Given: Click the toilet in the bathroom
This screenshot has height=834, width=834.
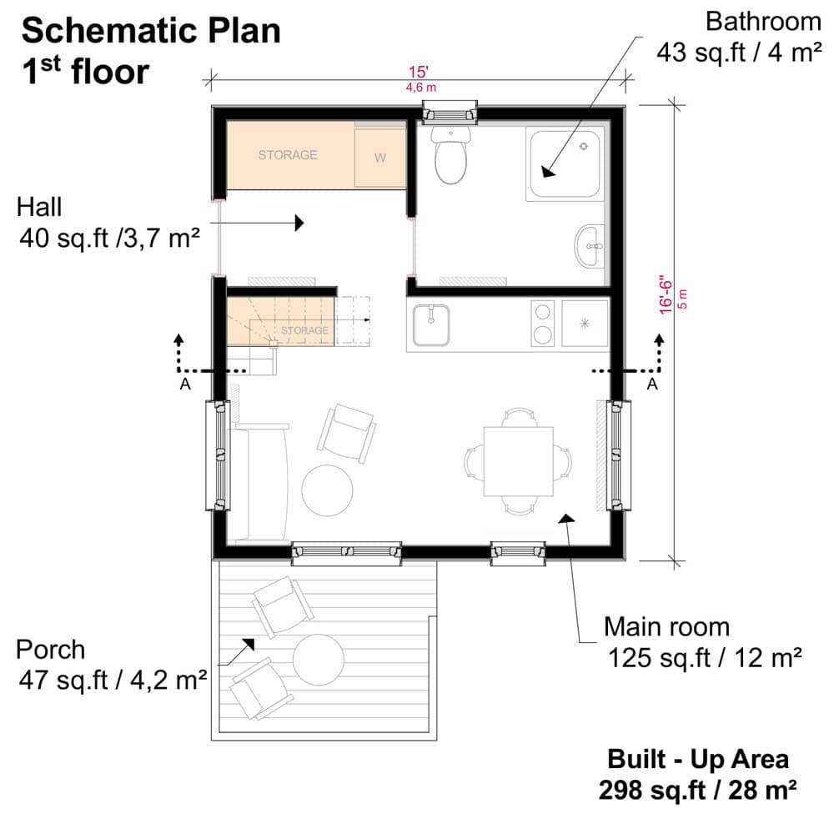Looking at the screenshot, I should pos(451,157).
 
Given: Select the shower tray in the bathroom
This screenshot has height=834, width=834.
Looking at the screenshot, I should pos(564,164).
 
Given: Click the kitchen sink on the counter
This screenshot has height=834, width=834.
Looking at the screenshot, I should pos(430,324).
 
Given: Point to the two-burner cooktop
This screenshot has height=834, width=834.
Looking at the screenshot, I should pos(543,324).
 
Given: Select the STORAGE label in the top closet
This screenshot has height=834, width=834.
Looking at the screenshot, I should pos(288,154).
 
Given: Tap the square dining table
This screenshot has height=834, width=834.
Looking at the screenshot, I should pos(520,460).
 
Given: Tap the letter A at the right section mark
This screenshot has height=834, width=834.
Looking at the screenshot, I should pos(652,384).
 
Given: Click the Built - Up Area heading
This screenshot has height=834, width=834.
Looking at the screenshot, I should pos(697,760).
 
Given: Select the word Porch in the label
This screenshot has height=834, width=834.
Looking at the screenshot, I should pos(51,649).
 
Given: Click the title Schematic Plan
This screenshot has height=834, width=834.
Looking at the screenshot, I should pos(150,31).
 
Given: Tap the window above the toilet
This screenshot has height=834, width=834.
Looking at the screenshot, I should pos(450,112).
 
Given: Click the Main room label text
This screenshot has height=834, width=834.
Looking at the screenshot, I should pos(666,626).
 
